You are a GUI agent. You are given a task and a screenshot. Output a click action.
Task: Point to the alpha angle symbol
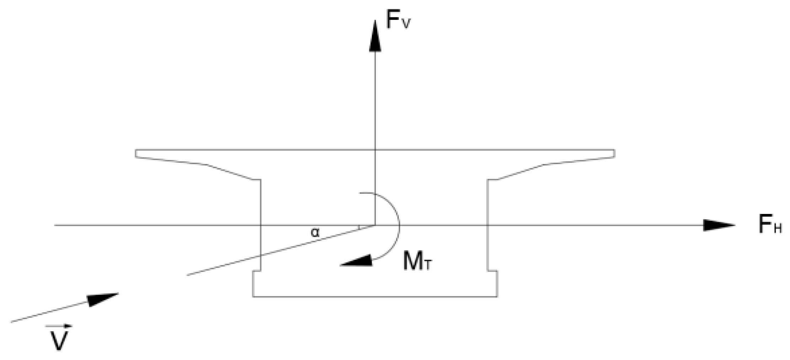coord(315,233)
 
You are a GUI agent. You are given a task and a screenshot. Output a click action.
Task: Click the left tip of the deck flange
coord(136,153)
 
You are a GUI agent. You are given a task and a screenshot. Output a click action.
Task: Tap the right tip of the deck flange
coord(614,153)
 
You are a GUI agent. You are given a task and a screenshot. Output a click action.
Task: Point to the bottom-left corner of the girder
coord(253,296)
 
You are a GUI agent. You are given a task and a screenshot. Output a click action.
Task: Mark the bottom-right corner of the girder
coord(497,296)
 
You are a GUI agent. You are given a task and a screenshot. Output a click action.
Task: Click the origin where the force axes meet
coord(375,225)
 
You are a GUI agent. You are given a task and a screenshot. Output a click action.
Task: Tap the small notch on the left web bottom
coord(257,271)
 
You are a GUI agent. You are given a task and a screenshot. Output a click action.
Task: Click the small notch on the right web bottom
coord(492,271)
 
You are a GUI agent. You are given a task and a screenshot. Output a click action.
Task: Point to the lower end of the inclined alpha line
coord(188,275)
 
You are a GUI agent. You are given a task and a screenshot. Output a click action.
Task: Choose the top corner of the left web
coord(260,180)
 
